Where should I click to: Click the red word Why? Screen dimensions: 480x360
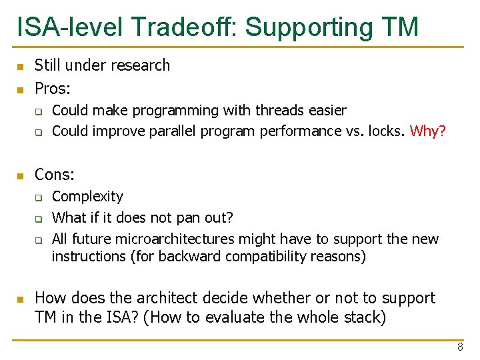(427, 131)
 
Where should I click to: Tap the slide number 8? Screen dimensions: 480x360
(460, 347)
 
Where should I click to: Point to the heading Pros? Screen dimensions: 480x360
(53, 89)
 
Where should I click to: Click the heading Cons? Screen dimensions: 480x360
(55, 175)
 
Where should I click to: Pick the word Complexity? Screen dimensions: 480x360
(87, 197)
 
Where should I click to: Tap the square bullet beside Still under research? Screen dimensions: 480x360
(21, 67)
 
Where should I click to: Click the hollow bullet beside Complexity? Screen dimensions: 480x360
(39, 198)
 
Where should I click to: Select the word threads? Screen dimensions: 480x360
(280, 110)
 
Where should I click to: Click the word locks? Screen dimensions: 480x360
(387, 131)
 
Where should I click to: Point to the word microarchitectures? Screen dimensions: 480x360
(175, 239)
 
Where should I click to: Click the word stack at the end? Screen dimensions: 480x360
(365, 317)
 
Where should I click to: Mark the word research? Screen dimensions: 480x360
(140, 65)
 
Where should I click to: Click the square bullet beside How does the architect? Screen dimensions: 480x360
(21, 299)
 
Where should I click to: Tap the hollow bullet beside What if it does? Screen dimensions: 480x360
(39, 219)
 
